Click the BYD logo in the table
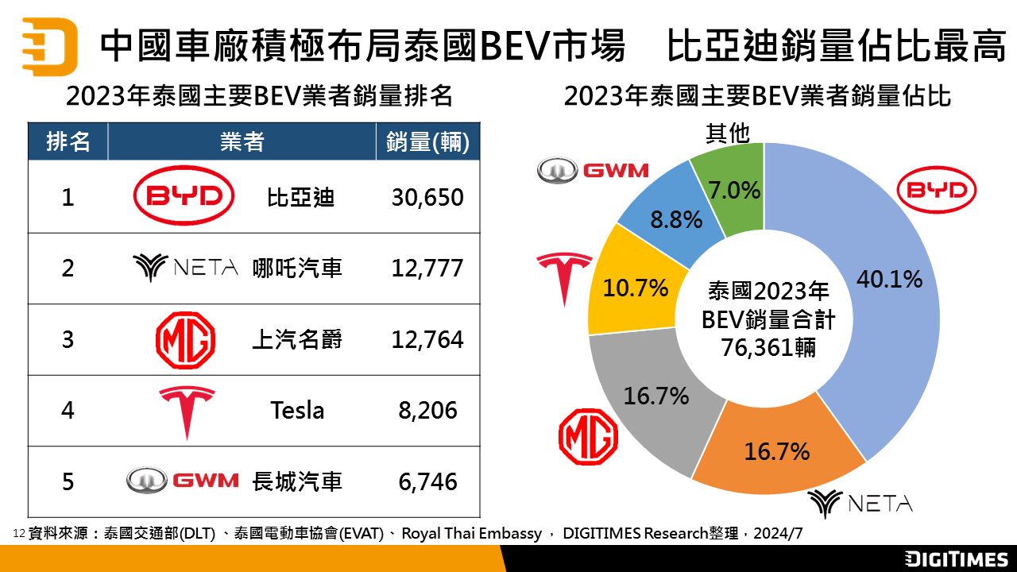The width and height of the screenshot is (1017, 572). [x=184, y=196]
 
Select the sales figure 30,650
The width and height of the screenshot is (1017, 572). [x=427, y=197]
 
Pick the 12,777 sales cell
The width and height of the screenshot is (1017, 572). [x=427, y=269]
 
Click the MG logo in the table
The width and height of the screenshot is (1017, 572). [x=184, y=340]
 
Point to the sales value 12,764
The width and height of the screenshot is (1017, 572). [x=427, y=340]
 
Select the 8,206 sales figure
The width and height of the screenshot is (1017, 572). [x=428, y=411]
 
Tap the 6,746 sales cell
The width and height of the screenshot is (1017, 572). [x=428, y=481]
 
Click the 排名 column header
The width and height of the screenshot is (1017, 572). [x=68, y=142]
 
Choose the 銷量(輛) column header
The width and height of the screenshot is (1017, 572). [x=427, y=142]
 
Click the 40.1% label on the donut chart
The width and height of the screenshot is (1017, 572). [x=890, y=279]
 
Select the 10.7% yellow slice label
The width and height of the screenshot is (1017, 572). [x=636, y=288]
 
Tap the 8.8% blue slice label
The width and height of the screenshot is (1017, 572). [x=676, y=219]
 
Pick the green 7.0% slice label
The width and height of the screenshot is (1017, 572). [x=735, y=191]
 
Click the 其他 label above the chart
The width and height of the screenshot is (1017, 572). [x=728, y=133]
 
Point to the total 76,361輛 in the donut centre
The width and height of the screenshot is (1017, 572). [x=769, y=347]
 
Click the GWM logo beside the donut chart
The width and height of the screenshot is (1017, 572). [x=593, y=170]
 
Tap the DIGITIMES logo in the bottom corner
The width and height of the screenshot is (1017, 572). [x=957, y=558]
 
